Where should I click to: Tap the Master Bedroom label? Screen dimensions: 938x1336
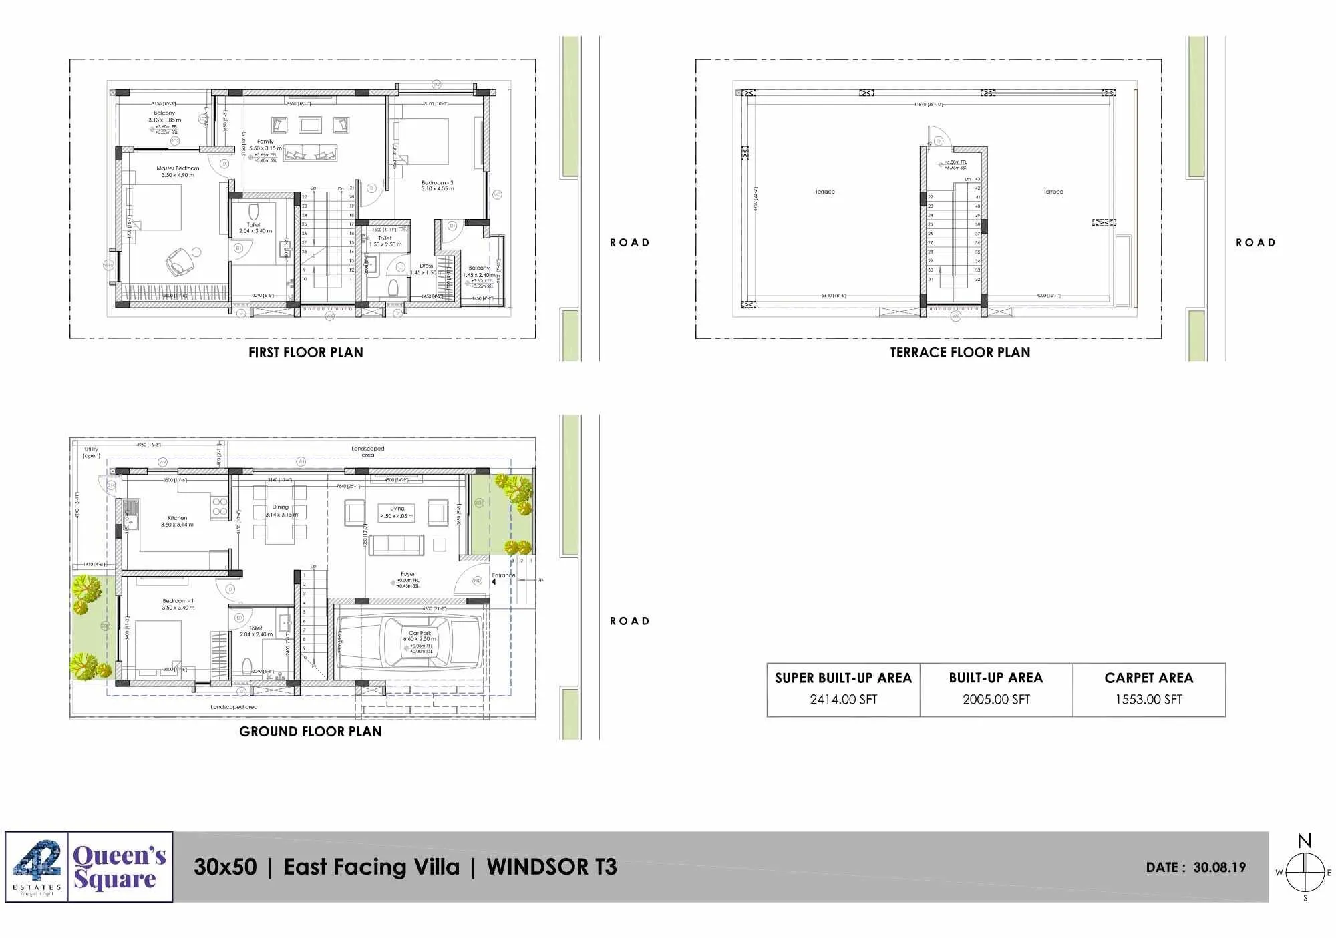coord(178,168)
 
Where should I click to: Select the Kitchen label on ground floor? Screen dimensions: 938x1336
coord(177,518)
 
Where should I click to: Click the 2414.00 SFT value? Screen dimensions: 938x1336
coord(843,700)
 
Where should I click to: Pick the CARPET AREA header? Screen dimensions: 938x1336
coord(1148,678)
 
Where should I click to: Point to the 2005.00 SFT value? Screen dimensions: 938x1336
coord(996,700)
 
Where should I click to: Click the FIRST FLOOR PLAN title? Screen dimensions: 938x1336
coord(306,353)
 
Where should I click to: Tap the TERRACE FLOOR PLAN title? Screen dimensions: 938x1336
coord(960,353)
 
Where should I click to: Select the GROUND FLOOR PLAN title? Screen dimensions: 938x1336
coord(311,732)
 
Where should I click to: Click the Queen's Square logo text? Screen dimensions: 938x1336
coord(119,867)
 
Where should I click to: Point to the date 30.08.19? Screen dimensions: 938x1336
coord(1220,867)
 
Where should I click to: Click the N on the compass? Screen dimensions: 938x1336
coord(1304,841)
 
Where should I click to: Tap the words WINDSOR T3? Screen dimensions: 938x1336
coord(552,867)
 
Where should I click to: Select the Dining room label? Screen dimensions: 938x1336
coord(281,507)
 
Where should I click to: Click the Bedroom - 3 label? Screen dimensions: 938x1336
coord(437,182)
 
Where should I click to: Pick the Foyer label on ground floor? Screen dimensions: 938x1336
coord(407,574)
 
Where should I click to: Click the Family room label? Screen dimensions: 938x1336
coord(265,142)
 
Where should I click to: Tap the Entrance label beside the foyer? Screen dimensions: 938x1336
coord(503,575)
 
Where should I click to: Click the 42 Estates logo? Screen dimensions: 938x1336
coord(37,867)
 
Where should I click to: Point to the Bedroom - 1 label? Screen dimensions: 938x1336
coord(178,601)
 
